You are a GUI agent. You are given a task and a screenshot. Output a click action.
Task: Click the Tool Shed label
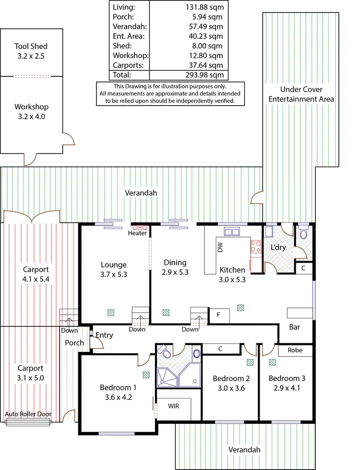(x=31, y=47)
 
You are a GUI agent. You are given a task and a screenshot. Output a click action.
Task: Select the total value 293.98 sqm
(x=204, y=75)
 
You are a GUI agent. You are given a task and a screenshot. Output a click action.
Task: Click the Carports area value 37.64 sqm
(x=204, y=65)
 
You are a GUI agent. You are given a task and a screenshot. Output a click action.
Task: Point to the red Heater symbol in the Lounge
(x=140, y=227)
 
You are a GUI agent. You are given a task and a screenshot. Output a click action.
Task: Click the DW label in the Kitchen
(x=220, y=247)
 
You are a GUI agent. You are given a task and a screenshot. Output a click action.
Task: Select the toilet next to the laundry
(x=303, y=234)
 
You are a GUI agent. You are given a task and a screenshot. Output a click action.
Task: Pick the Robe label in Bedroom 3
(x=295, y=350)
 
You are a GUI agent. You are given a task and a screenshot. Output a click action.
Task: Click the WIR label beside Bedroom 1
(x=174, y=406)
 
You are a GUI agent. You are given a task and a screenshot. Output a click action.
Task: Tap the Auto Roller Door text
(x=28, y=414)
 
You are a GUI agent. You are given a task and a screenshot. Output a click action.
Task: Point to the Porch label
(x=74, y=343)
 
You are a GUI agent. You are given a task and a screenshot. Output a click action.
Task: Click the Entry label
(x=104, y=335)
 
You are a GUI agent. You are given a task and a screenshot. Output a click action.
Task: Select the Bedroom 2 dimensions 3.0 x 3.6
(x=228, y=388)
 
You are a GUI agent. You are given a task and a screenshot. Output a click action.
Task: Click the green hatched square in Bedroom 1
(x=145, y=373)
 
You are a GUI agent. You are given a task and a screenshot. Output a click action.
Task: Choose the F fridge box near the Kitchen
(x=219, y=315)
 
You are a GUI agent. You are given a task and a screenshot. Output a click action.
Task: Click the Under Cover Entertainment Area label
(x=301, y=94)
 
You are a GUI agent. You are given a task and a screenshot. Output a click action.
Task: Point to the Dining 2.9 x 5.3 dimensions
(x=174, y=272)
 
